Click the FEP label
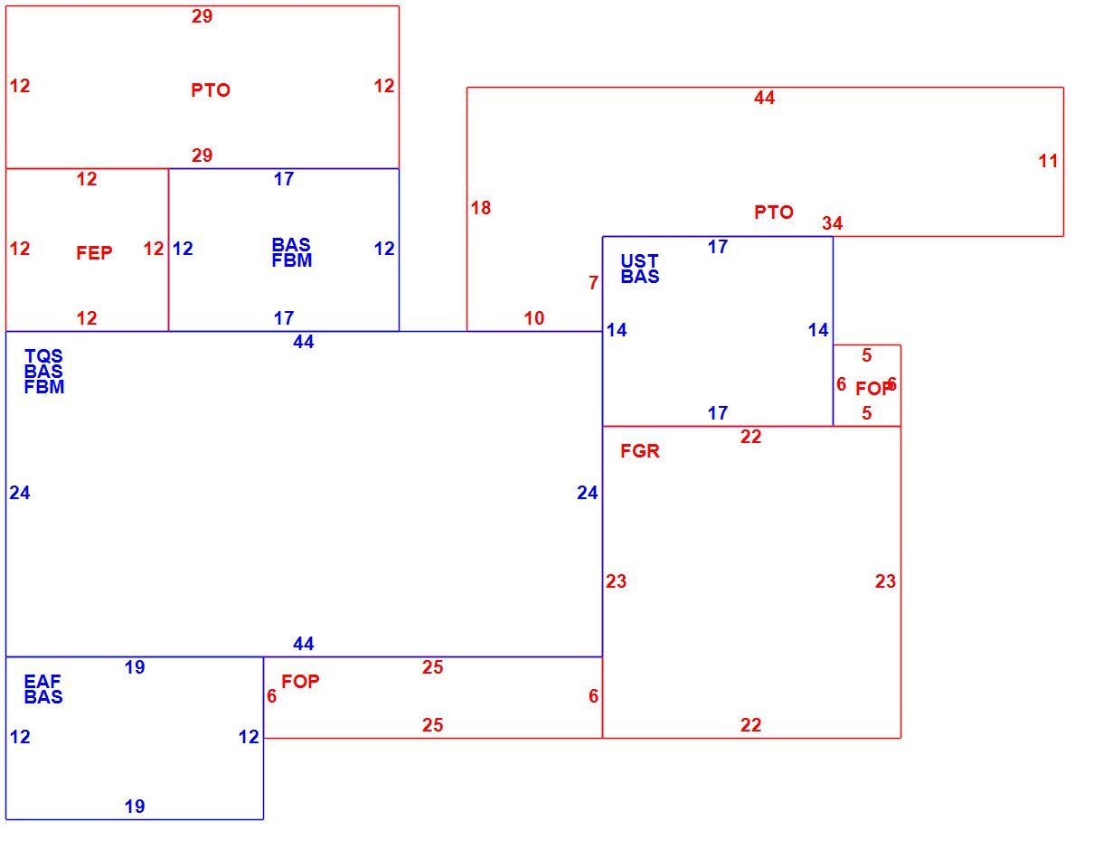click(x=94, y=253)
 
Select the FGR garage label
click(x=639, y=451)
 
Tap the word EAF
click(x=42, y=681)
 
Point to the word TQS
click(x=43, y=355)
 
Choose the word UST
click(x=639, y=261)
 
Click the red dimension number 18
click(x=480, y=208)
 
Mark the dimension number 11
click(x=1048, y=161)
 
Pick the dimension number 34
click(x=832, y=222)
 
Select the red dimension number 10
click(x=534, y=318)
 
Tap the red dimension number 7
click(x=593, y=283)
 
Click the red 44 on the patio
click(x=764, y=98)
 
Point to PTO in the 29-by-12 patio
click(x=210, y=90)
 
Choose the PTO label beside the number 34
click(x=773, y=212)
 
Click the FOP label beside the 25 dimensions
click(x=300, y=681)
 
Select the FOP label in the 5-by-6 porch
click(x=873, y=389)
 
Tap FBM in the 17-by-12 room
click(x=291, y=260)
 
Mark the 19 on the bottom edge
click(x=135, y=807)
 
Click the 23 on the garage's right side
click(x=885, y=581)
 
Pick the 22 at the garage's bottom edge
click(x=750, y=725)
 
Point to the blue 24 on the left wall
click(x=19, y=493)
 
